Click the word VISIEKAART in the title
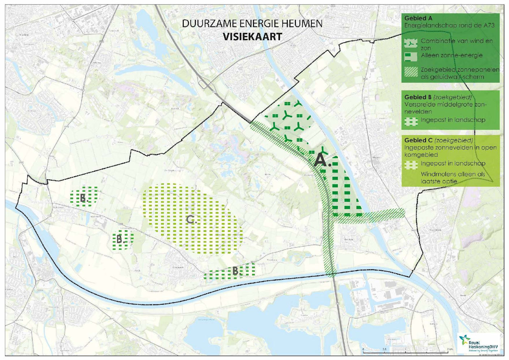[252, 37]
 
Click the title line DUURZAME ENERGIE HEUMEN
[252, 23]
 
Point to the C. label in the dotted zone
[191, 219]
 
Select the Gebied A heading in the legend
[418, 18]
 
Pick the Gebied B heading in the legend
[418, 97]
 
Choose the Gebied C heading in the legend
[418, 140]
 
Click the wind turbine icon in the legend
[411, 43]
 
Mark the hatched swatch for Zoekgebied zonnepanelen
[411, 72]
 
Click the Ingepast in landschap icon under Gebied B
[411, 121]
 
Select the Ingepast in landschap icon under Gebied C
[411, 165]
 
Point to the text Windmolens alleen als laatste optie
[453, 177]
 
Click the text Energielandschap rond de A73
[449, 25]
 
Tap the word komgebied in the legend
[421, 155]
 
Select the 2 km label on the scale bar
[450, 349]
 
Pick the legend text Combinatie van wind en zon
[456, 44]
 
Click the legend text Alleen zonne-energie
[452, 55]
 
